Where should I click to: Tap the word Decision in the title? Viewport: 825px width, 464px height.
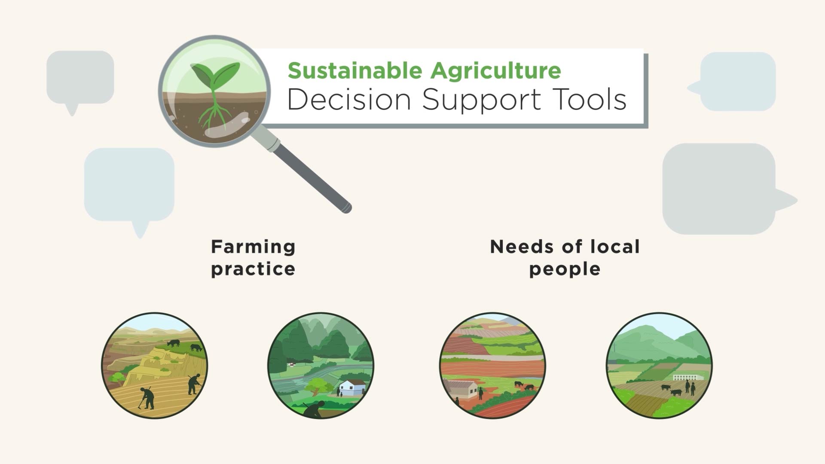pos(349,99)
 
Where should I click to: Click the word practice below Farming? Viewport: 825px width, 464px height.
pos(253,269)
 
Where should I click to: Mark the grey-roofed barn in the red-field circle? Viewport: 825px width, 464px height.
pos(462,388)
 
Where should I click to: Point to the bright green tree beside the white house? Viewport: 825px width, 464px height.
pos(317,385)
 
